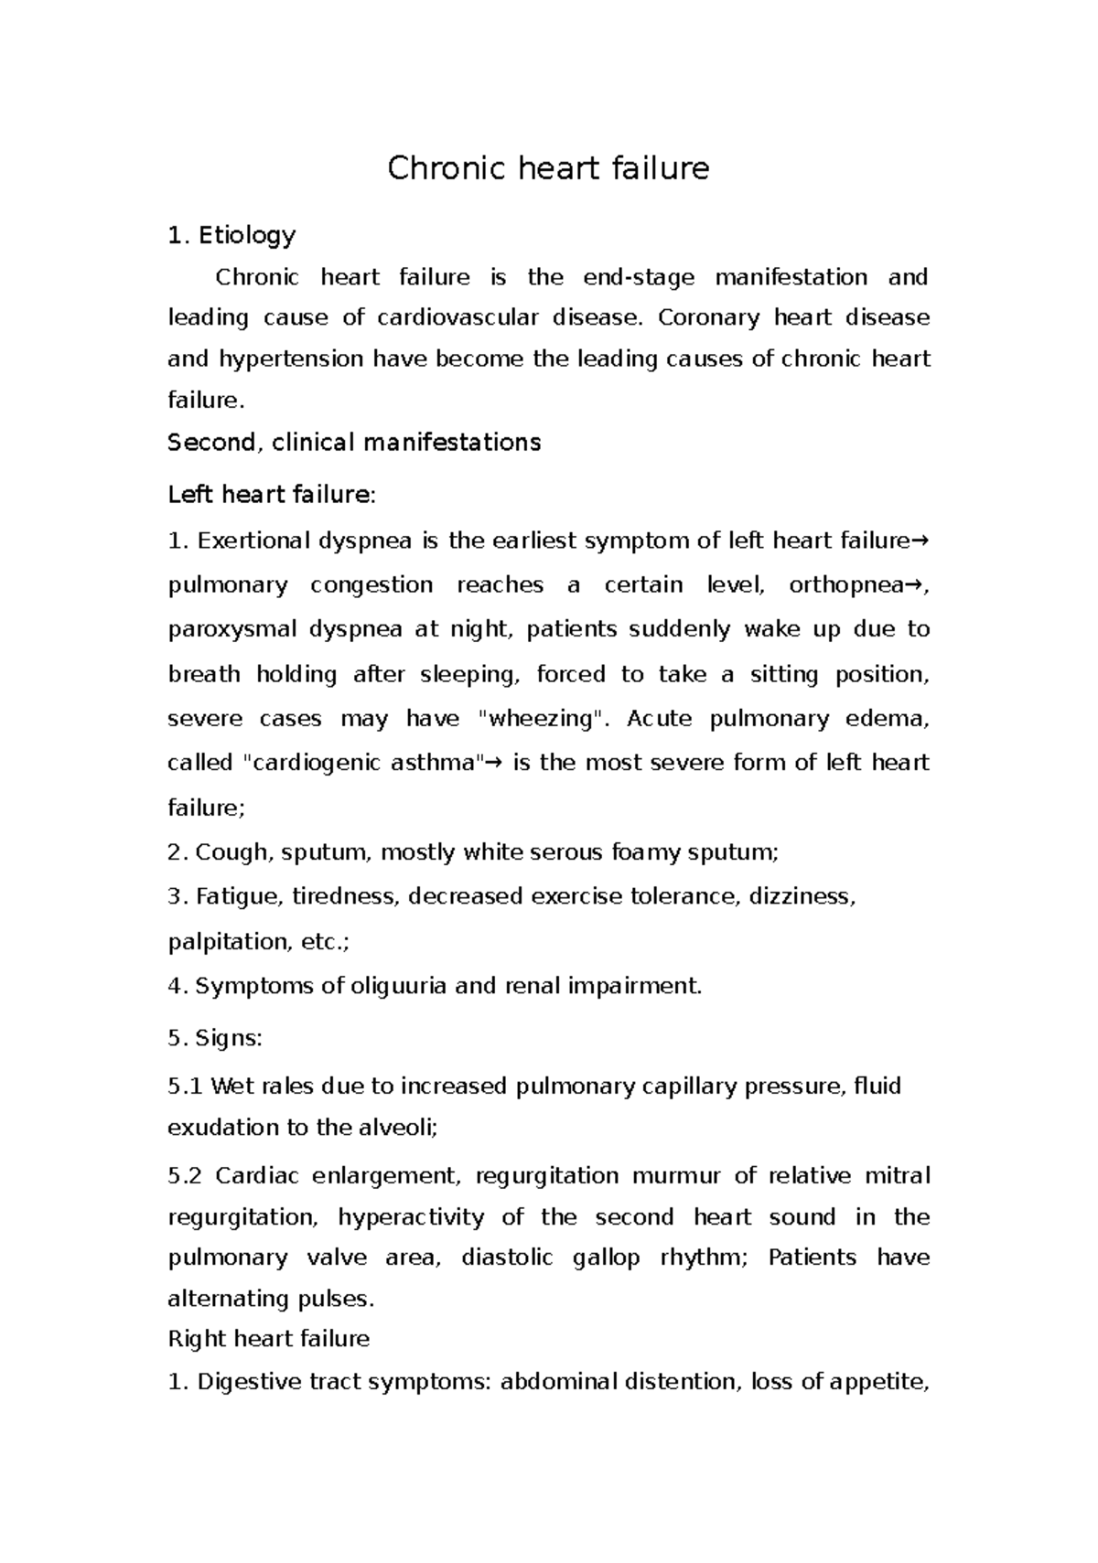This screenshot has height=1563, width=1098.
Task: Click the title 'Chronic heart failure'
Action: [x=548, y=169]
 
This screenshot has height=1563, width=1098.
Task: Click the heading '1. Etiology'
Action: [x=231, y=236]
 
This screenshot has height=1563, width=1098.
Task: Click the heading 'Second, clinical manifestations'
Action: [x=354, y=443]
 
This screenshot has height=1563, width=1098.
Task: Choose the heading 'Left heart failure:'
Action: [x=272, y=495]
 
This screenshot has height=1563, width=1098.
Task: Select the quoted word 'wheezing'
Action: [x=542, y=719]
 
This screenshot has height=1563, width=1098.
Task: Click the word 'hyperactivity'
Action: [x=410, y=1217]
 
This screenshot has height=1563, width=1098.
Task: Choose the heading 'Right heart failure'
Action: [x=269, y=1339]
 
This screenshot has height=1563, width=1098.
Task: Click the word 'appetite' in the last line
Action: [x=877, y=1381]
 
